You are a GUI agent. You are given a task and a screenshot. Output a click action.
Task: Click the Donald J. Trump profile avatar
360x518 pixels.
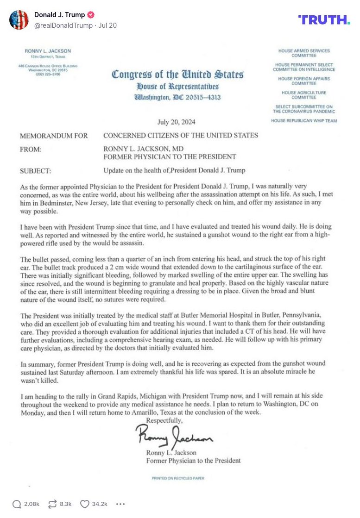[19, 20]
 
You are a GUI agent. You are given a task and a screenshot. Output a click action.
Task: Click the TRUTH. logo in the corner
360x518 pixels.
[324, 19]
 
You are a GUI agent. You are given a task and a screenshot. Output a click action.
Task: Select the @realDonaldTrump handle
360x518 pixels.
[63, 25]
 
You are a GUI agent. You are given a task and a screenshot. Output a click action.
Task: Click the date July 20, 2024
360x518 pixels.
[176, 122]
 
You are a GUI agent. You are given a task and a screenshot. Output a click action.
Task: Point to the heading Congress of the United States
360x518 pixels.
[177, 74]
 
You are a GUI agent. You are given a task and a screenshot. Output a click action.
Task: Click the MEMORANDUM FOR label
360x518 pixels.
[54, 136]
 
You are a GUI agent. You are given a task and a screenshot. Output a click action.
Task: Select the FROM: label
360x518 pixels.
[31, 149]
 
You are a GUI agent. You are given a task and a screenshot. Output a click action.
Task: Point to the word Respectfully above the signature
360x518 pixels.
[164, 420]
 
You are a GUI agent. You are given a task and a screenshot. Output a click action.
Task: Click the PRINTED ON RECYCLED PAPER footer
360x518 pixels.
[177, 478]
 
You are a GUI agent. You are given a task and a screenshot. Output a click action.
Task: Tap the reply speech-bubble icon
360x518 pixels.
[17, 504]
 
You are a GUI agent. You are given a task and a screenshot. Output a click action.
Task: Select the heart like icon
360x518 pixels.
[85, 504]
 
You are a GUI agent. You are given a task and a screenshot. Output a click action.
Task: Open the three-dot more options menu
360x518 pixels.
[120, 504]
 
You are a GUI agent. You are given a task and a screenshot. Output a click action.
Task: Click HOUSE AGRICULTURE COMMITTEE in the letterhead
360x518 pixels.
[304, 95]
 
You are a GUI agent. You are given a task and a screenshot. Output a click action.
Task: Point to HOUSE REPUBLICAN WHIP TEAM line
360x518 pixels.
[304, 121]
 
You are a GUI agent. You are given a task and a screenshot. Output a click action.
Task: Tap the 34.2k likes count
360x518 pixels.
[100, 504]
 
